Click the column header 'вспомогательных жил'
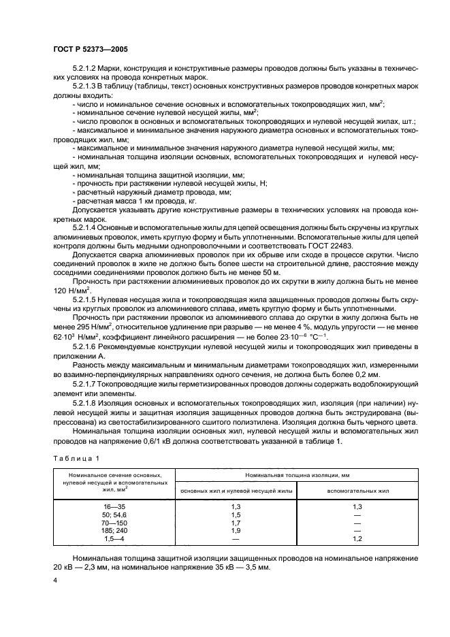pyautogui.click(x=357, y=489)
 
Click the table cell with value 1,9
pyautogui.click(x=237, y=531)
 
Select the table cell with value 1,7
pyautogui.click(x=237, y=523)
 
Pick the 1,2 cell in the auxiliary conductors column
pyautogui.click(x=357, y=539)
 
